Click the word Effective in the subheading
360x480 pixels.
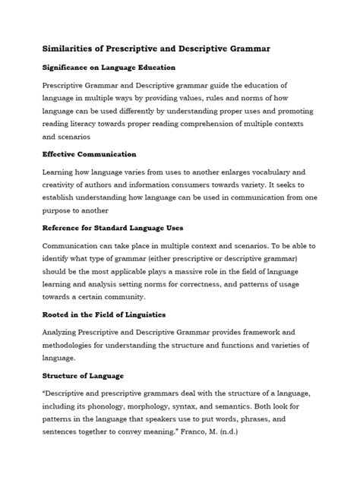63,155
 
